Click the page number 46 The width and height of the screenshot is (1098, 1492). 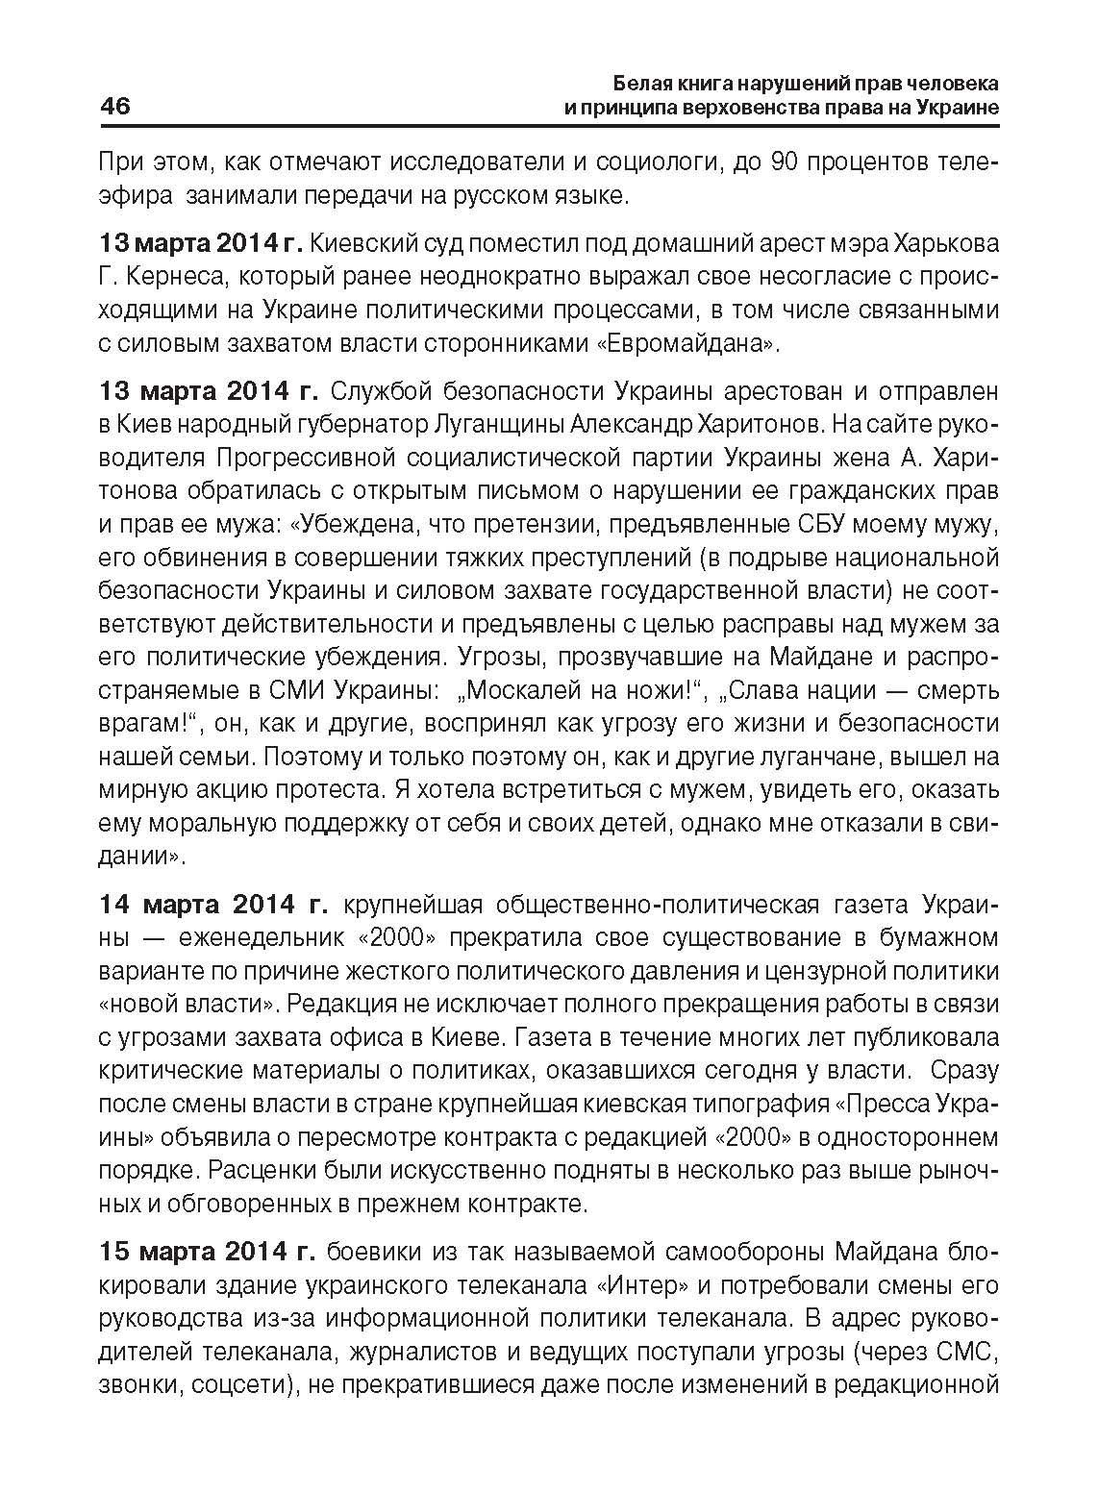115,106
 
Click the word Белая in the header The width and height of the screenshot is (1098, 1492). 639,82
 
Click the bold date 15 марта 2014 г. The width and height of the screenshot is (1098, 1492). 207,1252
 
